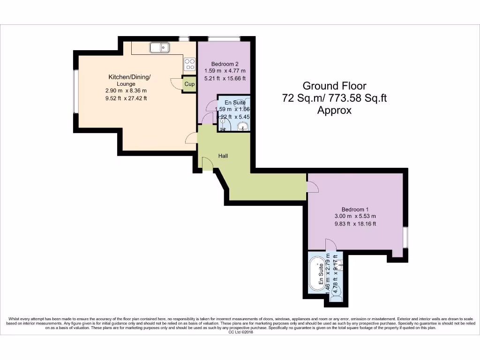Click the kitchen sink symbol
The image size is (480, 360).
[160, 47]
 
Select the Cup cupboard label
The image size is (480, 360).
[189, 84]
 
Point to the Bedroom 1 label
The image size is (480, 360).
[355, 209]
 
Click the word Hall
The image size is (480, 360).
[223, 156]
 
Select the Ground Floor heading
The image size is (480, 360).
[334, 86]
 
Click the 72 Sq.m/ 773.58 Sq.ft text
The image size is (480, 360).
[334, 98]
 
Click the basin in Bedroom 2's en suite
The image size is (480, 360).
[243, 126]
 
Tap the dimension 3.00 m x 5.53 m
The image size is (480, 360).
[355, 216]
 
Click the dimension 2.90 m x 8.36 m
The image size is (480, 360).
[126, 91]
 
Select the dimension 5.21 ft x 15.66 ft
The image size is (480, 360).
[225, 78]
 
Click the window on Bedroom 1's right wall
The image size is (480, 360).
[405, 237]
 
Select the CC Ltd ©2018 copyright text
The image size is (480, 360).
[240, 332]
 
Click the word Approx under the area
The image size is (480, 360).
[334, 111]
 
